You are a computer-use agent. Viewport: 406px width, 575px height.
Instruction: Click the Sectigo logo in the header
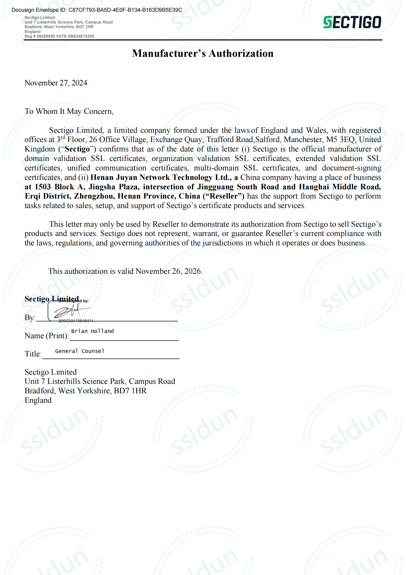pyautogui.click(x=352, y=22)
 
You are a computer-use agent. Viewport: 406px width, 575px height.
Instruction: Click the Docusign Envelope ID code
pyautogui.click(x=125, y=10)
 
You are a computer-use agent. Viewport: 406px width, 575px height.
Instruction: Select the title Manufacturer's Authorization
pyautogui.click(x=203, y=53)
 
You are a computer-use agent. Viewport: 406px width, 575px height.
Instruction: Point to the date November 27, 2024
pyautogui.click(x=56, y=83)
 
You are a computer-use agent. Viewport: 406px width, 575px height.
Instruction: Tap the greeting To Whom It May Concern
pyautogui.click(x=69, y=111)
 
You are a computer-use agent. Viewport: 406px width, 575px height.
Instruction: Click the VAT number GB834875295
pyautogui.click(x=81, y=36)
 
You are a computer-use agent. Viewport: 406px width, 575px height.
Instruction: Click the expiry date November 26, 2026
pyautogui.click(x=169, y=271)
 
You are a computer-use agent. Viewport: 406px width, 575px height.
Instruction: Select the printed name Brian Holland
pyautogui.click(x=92, y=331)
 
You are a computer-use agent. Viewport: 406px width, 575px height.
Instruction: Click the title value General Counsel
pyautogui.click(x=80, y=351)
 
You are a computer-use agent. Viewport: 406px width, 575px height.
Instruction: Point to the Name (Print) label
pyautogui.click(x=47, y=336)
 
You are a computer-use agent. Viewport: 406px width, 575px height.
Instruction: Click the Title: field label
pyautogui.click(x=33, y=354)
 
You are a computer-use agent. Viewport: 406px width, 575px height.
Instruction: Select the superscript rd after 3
pyautogui.click(x=63, y=137)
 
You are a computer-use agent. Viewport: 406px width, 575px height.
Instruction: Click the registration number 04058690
pyautogui.click(x=46, y=36)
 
